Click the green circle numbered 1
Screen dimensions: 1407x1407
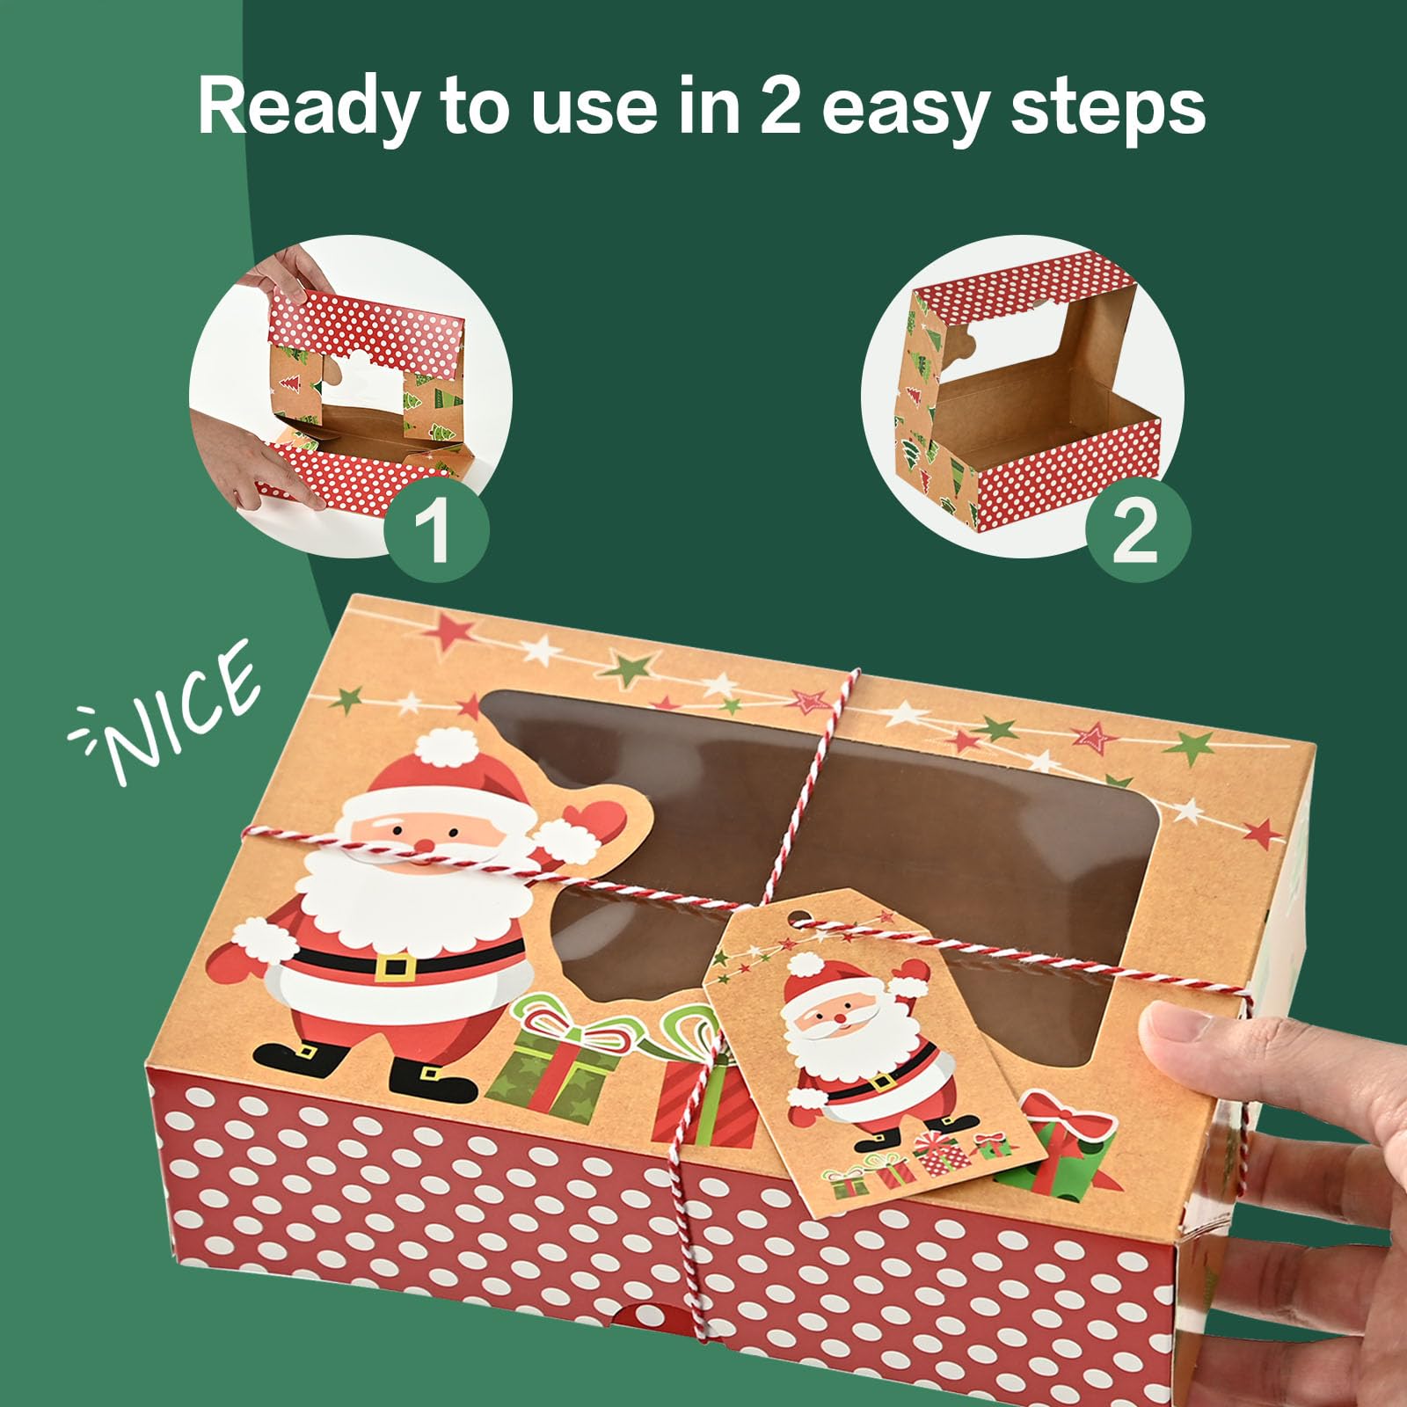436,529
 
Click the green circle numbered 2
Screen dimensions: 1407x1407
1137,529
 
